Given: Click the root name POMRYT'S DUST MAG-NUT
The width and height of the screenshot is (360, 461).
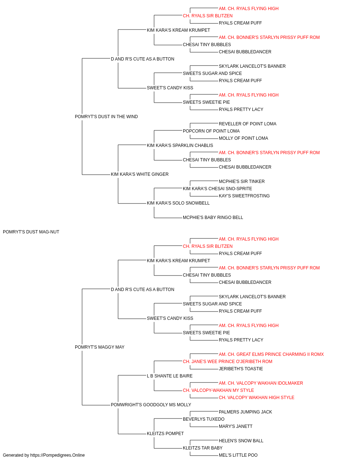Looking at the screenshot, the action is pyautogui.click(x=31, y=232).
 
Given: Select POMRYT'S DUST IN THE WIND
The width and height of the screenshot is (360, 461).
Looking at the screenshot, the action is pyautogui.click(x=106, y=117).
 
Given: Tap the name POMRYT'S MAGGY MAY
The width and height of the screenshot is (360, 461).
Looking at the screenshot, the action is pyautogui.click(x=99, y=347).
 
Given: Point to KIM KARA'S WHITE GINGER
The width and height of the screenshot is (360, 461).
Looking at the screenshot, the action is pyautogui.click(x=140, y=174).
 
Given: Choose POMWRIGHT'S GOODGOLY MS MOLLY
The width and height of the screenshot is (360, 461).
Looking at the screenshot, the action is pyautogui.click(x=151, y=405).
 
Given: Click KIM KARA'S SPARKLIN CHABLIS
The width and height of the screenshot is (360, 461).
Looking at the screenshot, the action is pyautogui.click(x=180, y=146).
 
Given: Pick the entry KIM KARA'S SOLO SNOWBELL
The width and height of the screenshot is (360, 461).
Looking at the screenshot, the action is pyautogui.click(x=178, y=203).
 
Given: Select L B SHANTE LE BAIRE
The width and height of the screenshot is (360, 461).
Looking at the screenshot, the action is pyautogui.click(x=170, y=376).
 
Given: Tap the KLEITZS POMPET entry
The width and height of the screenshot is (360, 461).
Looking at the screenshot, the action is pyautogui.click(x=165, y=434).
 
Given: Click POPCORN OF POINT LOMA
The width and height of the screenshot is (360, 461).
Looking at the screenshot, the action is pyautogui.click(x=211, y=131).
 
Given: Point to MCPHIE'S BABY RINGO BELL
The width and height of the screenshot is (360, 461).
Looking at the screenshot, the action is pyautogui.click(x=213, y=218).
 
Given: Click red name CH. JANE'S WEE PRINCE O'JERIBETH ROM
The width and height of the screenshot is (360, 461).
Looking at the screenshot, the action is pyautogui.click(x=228, y=362).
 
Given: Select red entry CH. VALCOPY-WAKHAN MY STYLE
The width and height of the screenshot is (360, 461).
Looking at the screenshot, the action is pyautogui.click(x=219, y=390).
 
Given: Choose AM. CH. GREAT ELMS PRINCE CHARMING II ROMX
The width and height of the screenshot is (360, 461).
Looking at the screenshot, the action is pyautogui.click(x=271, y=354).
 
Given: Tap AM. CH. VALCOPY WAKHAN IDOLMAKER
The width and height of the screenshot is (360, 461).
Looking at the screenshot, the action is pyautogui.click(x=261, y=383).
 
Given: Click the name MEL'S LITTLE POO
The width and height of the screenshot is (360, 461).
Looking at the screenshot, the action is pyautogui.click(x=238, y=455).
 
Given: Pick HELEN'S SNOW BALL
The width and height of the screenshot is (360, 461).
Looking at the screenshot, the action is pyautogui.click(x=241, y=441).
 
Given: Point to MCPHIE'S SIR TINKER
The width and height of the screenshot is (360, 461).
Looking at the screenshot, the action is pyautogui.click(x=242, y=182).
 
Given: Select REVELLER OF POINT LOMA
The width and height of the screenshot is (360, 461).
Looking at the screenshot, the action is pyautogui.click(x=247, y=124).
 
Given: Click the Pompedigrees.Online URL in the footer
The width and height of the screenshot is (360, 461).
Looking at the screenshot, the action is pyautogui.click(x=57, y=455).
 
